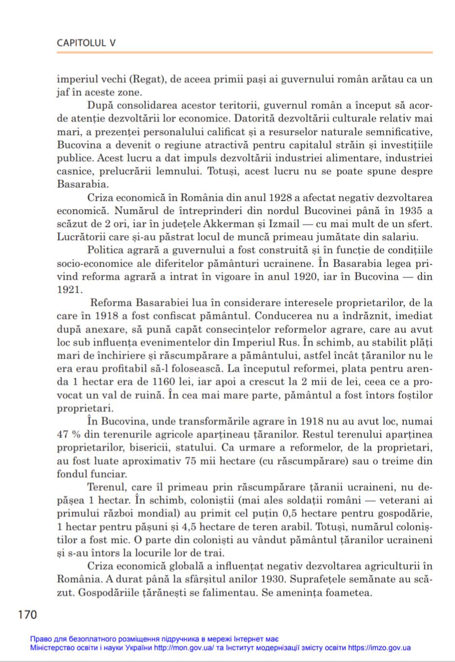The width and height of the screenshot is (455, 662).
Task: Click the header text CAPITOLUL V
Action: tap(86, 43)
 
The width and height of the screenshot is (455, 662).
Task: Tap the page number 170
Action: tap(27, 615)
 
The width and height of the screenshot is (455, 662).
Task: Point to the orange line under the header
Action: tap(244, 53)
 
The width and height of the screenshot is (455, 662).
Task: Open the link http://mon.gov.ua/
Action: tap(184, 648)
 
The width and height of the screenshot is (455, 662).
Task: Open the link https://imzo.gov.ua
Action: tap(379, 648)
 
